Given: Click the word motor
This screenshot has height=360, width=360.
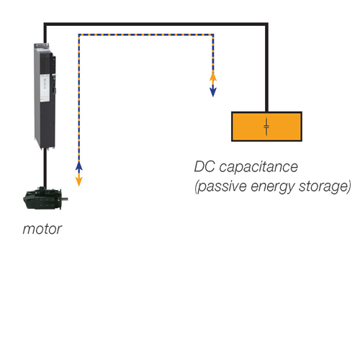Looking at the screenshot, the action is [x=42, y=229].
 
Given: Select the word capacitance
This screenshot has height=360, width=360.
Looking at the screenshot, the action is [x=258, y=166].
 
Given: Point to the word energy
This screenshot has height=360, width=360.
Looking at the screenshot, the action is [x=273, y=187].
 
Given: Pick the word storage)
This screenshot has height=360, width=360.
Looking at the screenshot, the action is [x=325, y=186].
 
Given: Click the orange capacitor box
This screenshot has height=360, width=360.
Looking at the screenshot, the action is [x=266, y=127].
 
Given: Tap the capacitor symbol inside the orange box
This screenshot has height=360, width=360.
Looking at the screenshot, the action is [x=266, y=127].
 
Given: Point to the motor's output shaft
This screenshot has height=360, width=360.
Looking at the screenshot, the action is [x=65, y=199].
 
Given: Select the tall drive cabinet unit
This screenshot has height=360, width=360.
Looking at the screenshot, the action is [x=45, y=96].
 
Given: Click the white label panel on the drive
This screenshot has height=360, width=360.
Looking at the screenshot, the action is [x=45, y=88].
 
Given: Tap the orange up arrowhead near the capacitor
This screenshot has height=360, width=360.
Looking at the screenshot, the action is [x=213, y=76].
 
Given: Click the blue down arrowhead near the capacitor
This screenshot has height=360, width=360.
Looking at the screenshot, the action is [x=213, y=92].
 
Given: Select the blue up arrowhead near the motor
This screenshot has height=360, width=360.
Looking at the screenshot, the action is [x=79, y=166].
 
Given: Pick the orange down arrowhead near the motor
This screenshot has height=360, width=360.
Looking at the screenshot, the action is [x=79, y=181].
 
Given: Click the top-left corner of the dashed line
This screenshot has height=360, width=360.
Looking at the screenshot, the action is [x=79, y=35].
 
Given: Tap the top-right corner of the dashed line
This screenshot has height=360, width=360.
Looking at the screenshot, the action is [x=213, y=35].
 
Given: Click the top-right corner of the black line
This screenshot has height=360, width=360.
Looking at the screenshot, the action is [x=266, y=24].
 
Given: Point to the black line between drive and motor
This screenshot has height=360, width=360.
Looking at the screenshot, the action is [x=45, y=168].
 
